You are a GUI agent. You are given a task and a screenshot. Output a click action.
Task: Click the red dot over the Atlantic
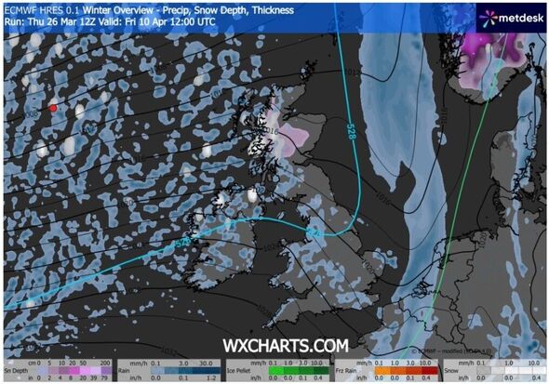pyautogui.click(x=53, y=108)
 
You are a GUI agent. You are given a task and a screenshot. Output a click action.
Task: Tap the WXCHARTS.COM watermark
pyautogui.click(x=285, y=345)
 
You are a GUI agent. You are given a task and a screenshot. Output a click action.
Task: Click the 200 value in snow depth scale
pyautogui.click(x=104, y=364)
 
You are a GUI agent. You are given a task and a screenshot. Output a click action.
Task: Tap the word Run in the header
pyautogui.click(x=12, y=20)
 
